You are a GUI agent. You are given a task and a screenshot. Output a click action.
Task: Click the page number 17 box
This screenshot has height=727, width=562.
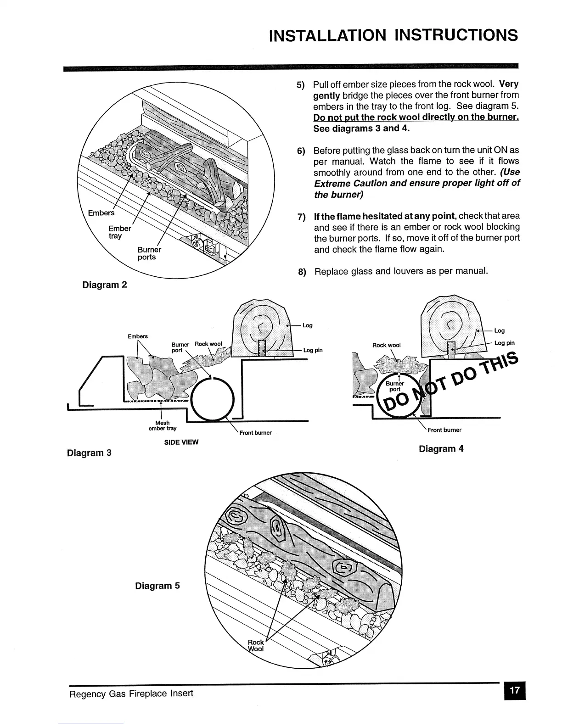[514, 691]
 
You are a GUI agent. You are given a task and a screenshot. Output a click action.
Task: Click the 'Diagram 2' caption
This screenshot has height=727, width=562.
[104, 285]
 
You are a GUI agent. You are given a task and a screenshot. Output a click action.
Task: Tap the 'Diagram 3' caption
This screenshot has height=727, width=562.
[89, 453]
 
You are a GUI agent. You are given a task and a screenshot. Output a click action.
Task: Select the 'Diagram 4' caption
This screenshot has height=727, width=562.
[441, 449]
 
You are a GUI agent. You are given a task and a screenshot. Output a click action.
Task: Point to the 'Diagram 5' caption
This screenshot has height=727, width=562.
[157, 586]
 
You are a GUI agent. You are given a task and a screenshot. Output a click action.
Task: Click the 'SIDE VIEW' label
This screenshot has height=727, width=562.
[181, 442]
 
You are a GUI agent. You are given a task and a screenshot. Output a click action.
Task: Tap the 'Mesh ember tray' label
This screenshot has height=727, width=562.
[163, 425]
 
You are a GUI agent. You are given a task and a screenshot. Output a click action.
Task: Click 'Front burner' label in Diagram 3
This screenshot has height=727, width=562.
[255, 432]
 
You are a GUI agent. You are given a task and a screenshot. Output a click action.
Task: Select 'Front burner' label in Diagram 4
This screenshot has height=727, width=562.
[444, 430]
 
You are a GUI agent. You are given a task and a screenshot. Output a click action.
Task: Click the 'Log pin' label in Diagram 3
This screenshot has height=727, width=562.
[313, 350]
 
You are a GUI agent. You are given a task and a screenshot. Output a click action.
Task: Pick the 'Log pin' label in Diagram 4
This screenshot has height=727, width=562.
[504, 343]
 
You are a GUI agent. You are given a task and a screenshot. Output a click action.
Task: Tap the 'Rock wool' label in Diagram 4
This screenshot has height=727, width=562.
[386, 345]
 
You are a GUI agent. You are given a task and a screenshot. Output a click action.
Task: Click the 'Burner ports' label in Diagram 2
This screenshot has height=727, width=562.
[149, 253]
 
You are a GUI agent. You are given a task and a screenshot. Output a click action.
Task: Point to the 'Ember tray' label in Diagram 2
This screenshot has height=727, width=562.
[119, 232]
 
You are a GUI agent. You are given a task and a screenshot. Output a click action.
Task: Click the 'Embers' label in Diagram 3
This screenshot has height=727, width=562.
[138, 336]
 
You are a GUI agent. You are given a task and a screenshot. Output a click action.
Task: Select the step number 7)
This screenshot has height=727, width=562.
[302, 217]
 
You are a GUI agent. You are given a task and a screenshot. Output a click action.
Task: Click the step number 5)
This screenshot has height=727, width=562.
[301, 85]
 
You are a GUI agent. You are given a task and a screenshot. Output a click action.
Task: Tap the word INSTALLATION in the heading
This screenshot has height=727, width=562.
[327, 35]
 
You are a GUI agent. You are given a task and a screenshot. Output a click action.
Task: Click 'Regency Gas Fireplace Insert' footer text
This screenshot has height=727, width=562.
[131, 693]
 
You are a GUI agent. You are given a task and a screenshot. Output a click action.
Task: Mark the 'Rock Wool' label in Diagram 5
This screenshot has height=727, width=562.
[256, 645]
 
